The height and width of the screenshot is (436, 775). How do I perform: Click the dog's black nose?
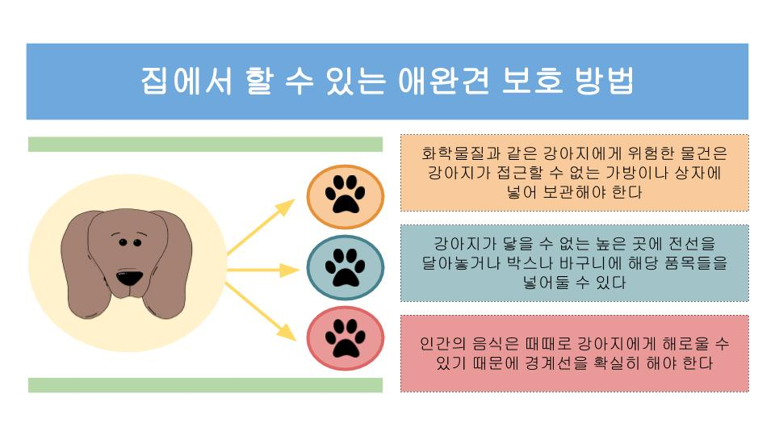pyautogui.click(x=129, y=277)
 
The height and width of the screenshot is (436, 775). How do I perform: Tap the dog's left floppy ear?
pyautogui.click(x=84, y=267)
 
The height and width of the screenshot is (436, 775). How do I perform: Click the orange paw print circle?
pyautogui.click(x=345, y=196)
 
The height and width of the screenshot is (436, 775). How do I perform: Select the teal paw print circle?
pyautogui.click(x=345, y=267)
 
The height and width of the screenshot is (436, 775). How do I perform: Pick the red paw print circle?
pyautogui.click(x=345, y=338)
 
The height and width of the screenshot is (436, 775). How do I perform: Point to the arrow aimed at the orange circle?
pyautogui.click(x=261, y=227)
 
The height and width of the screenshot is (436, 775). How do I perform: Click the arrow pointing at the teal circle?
pyautogui.click(x=263, y=270)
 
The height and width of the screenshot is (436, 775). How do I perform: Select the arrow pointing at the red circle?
pyautogui.click(x=261, y=312)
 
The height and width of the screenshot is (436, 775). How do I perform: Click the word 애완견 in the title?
pyautogui.click(x=444, y=81)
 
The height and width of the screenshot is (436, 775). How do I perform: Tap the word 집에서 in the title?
pyautogui.click(x=186, y=81)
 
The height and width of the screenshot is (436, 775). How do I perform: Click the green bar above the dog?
pyautogui.click(x=205, y=145)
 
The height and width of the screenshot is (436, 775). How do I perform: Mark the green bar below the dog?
pyautogui.click(x=205, y=385)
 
